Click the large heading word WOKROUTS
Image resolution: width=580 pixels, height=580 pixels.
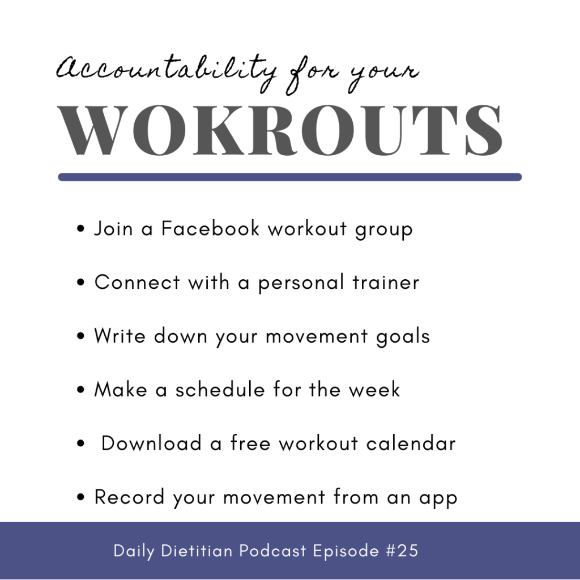pos(280,130)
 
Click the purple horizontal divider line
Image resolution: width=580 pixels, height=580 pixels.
pos(290,177)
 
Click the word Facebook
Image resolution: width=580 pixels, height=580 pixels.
pos(210,228)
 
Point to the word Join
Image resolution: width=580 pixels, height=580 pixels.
pos(113,228)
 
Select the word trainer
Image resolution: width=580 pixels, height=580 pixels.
pos(386,282)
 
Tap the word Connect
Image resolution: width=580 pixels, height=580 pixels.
pos(137,282)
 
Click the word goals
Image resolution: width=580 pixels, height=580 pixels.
pos(403,337)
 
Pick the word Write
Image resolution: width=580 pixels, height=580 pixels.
pos(120,336)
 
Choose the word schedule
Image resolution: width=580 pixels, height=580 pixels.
pos(220,390)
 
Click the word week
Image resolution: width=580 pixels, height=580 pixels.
pos(374,390)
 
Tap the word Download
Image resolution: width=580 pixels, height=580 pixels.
pos(151,443)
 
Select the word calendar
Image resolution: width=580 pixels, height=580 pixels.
pos(411,443)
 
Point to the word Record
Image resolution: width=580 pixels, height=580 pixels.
pos(130,497)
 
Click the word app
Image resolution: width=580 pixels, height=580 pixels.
pos(438,499)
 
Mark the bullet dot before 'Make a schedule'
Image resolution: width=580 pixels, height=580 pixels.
pos(80,390)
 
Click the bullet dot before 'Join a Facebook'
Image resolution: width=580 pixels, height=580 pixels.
pos(80,228)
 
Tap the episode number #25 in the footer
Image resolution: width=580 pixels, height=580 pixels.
pos(402,551)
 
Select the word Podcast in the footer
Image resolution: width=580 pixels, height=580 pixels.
pos(272,551)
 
